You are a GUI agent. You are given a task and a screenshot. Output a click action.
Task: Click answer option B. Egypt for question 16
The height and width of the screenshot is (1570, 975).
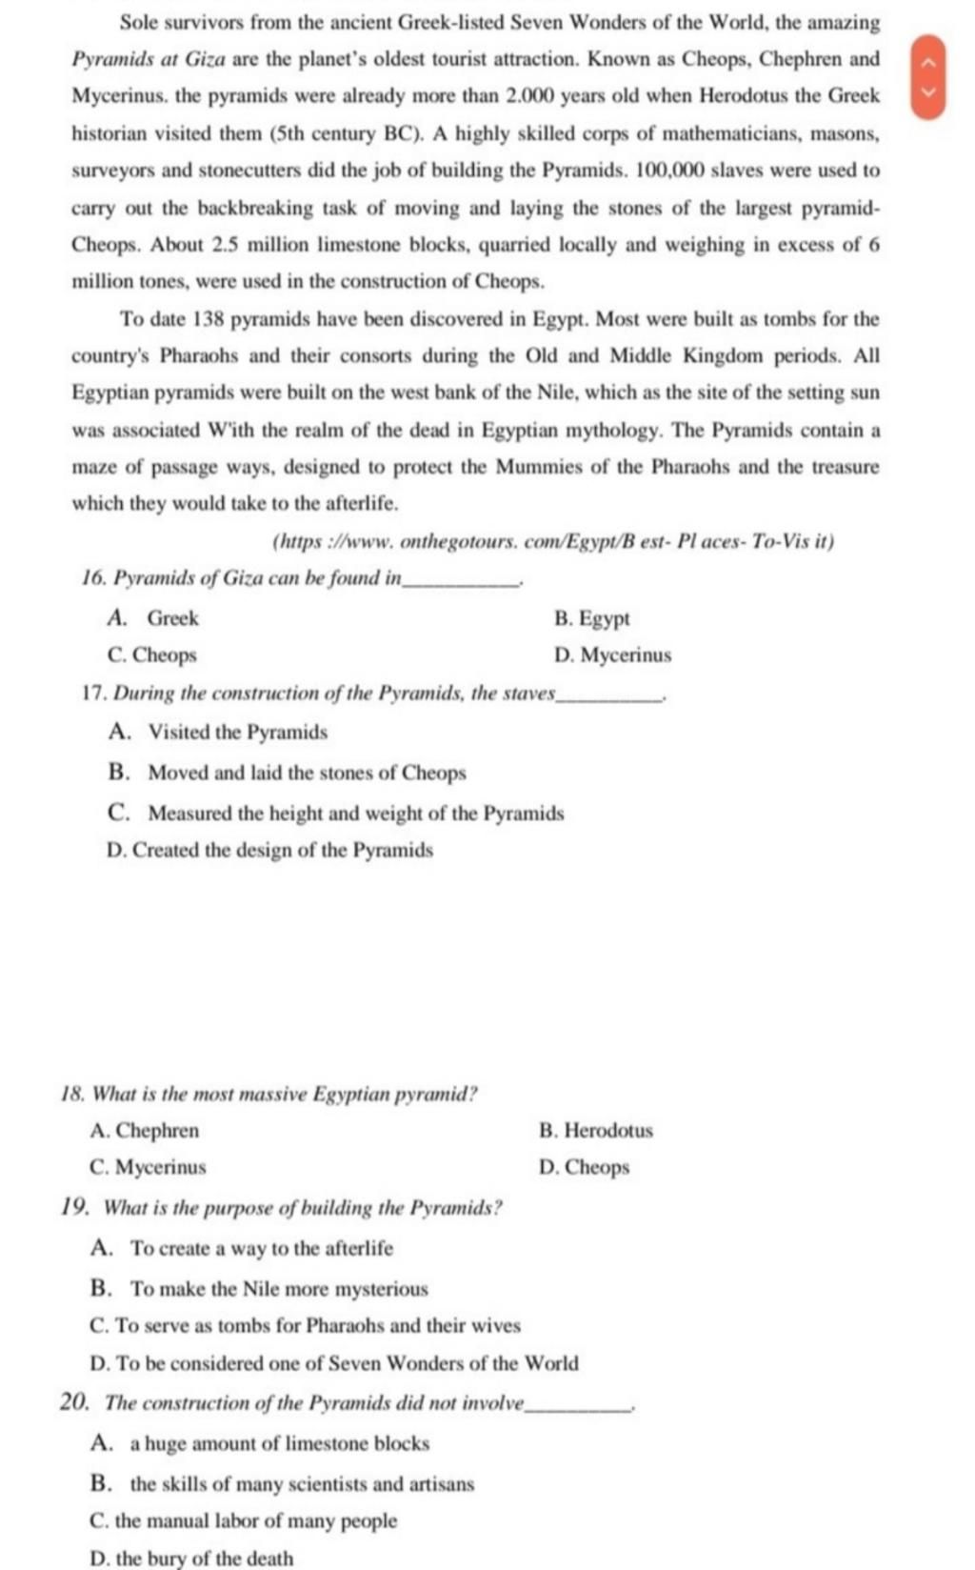coord(592,619)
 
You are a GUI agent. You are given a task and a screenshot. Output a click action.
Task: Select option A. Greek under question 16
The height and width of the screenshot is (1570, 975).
coord(154,619)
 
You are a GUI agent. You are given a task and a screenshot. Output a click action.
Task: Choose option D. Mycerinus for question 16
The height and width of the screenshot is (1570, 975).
coord(613,655)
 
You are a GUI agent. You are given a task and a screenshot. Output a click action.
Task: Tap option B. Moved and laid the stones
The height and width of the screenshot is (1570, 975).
coord(288,773)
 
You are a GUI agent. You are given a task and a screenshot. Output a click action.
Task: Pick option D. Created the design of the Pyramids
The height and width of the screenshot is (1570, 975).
coord(270,850)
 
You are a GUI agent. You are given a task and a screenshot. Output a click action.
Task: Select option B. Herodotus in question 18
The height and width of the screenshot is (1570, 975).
coord(596,1131)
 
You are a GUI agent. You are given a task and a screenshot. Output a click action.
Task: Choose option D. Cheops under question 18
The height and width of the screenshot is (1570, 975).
coord(585,1167)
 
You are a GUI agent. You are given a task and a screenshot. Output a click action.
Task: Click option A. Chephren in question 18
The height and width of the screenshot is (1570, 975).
coord(145,1131)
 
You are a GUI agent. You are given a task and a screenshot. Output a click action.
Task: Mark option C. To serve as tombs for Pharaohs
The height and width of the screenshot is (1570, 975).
coord(305,1325)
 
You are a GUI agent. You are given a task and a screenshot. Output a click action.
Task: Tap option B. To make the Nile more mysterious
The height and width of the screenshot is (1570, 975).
coord(260,1289)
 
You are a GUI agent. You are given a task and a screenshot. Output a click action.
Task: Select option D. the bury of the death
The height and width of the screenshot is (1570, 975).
coord(191,1559)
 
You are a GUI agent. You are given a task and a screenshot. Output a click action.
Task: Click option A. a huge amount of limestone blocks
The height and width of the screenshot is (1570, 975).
coord(261,1443)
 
